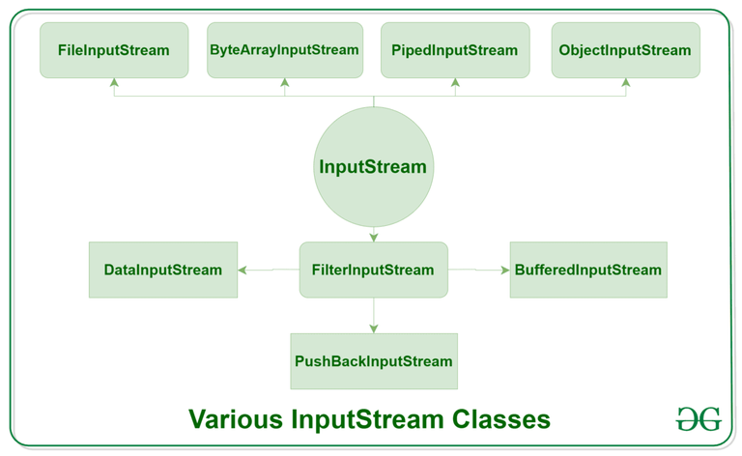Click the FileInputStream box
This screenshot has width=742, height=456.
114,50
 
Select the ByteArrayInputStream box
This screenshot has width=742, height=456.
284,50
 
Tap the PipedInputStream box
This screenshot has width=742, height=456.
455,50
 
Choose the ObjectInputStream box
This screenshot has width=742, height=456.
625,50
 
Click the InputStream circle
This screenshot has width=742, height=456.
373,167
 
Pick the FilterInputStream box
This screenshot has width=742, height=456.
373,270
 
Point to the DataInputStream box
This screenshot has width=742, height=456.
162,270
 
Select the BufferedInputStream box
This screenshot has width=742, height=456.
588,270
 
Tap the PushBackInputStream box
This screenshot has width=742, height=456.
373,361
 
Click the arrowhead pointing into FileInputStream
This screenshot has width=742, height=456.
114,83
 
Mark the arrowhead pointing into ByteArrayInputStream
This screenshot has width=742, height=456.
284,83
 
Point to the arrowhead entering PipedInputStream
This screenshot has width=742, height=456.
455,83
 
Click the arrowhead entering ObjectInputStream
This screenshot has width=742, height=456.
625,83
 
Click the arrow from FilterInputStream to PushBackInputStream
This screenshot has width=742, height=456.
373,315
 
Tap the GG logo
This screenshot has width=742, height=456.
698,419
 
